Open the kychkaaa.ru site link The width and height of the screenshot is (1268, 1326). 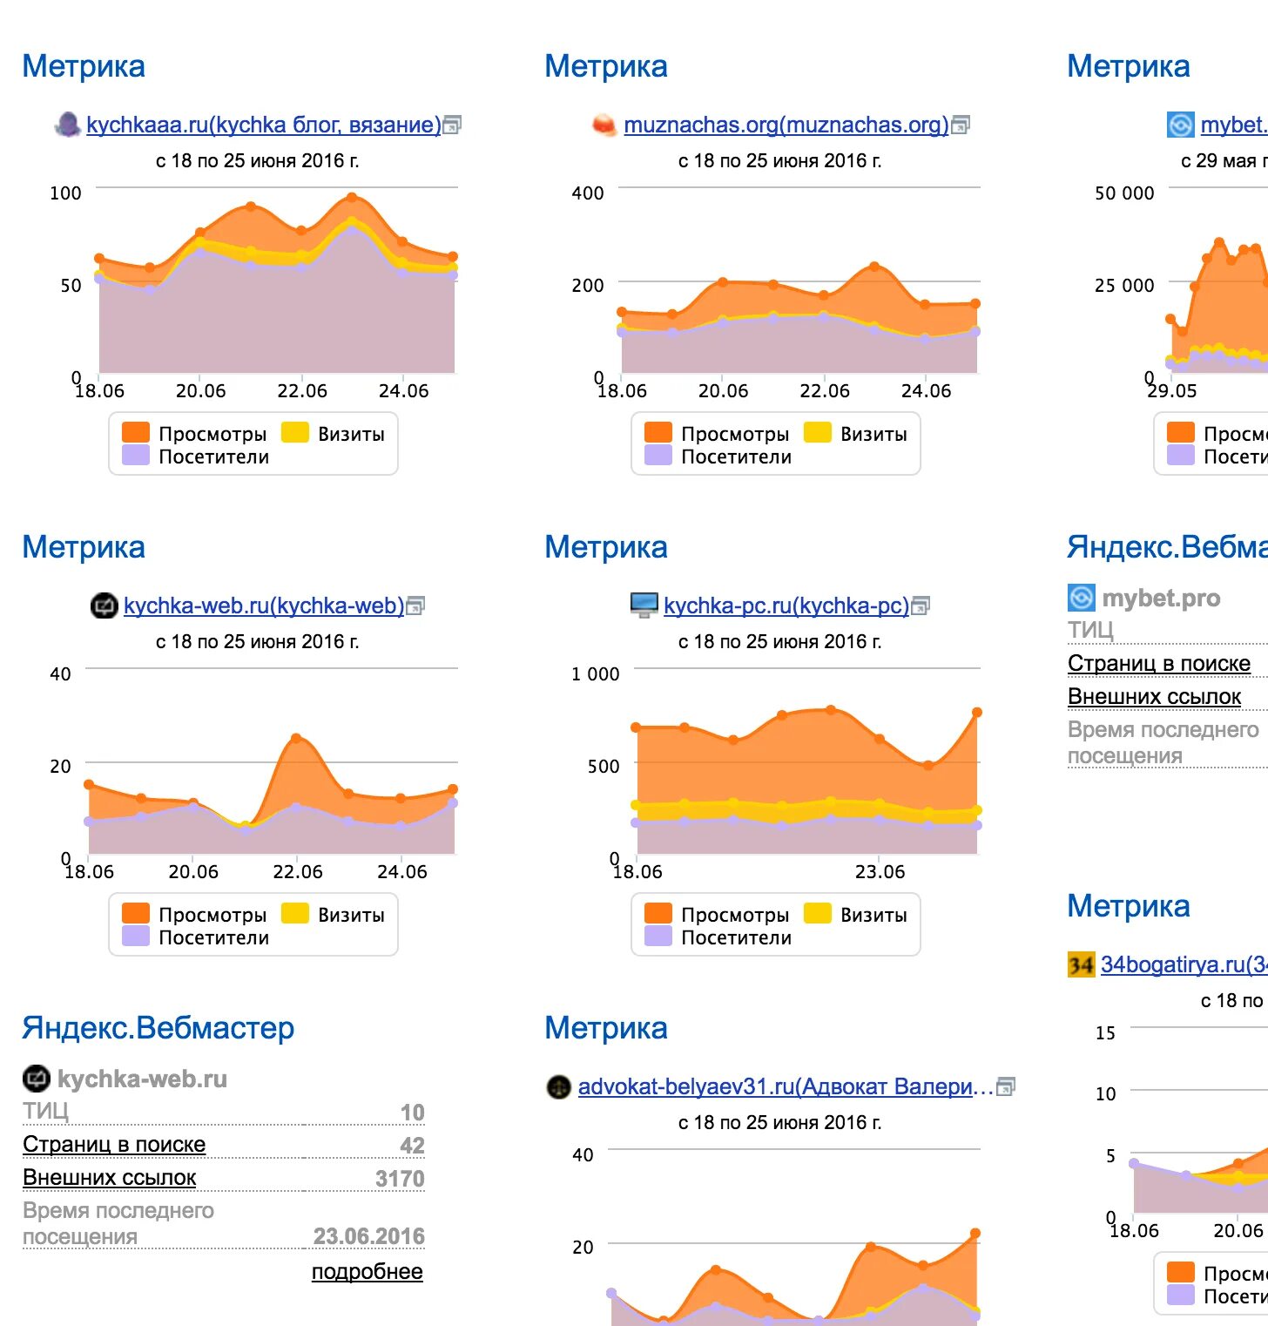pos(263,125)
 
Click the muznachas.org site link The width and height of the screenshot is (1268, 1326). pos(786,125)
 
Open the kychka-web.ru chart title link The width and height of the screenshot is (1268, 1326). pos(263,606)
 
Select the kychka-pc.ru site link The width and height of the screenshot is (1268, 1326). pos(786,606)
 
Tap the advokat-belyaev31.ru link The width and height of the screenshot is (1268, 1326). pos(785,1087)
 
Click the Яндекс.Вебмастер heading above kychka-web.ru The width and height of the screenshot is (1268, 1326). pos(158,1028)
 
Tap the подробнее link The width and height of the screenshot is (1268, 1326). pos(367,1272)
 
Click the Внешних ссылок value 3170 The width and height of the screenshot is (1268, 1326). pos(399,1179)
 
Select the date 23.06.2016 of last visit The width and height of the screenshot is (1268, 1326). pos(368,1236)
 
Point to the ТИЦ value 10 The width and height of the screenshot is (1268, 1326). pos(412,1113)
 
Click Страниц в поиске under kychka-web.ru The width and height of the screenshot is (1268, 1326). pos(114,1145)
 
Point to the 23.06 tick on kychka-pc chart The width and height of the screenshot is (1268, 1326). pos(880,872)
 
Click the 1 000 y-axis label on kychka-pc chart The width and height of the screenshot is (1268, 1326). pos(595,674)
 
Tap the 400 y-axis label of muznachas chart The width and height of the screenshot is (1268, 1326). pos(587,193)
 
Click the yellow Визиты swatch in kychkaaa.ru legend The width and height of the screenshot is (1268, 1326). pos(295,433)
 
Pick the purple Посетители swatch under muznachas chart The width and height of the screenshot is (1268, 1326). pos(658,456)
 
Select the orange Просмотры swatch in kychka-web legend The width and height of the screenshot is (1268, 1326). pos(136,913)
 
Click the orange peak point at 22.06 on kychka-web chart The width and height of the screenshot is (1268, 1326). pos(296,739)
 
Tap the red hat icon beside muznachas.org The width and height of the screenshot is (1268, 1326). pos(604,125)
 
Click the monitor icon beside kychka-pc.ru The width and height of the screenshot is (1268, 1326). pos(644,605)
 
